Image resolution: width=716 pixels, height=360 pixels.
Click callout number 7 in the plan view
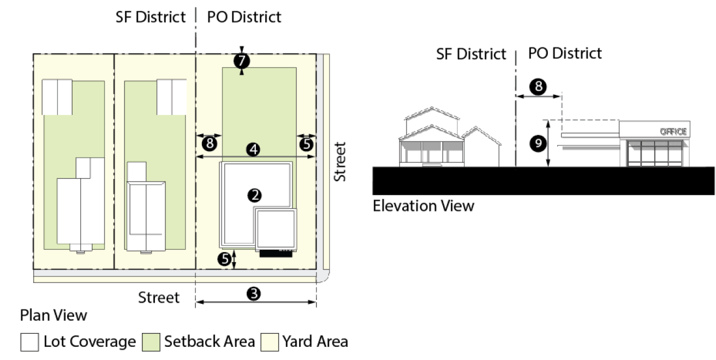point(241,61)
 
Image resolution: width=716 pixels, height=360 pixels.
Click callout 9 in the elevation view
point(538,143)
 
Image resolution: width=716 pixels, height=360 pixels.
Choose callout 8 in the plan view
point(208,143)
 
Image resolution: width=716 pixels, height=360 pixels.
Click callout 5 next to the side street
point(307,143)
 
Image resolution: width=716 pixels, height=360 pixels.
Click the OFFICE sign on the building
point(674,131)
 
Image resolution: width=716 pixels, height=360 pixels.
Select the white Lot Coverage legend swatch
point(29,343)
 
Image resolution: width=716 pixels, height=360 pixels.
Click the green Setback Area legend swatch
point(150,343)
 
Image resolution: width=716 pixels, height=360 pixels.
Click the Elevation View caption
point(423,206)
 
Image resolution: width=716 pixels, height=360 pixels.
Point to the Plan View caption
point(53,315)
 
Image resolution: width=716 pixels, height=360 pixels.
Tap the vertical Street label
point(340,162)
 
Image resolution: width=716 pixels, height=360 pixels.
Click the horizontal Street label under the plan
point(159,297)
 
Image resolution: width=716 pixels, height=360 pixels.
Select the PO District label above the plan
point(244,17)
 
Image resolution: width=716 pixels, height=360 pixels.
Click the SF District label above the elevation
point(471,54)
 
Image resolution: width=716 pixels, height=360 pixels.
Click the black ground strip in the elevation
point(543,181)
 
